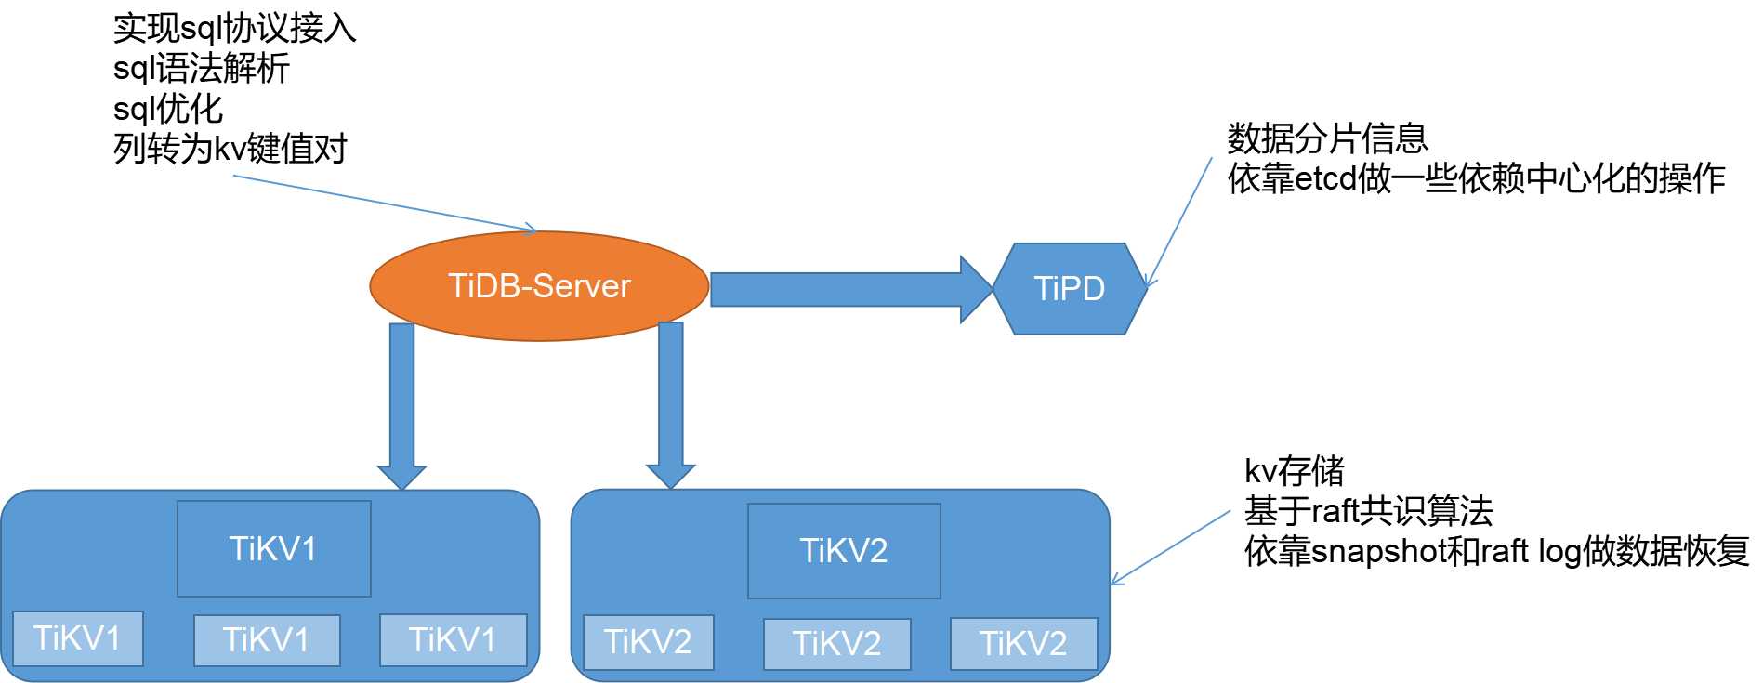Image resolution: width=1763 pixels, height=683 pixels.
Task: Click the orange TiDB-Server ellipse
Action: click(x=539, y=286)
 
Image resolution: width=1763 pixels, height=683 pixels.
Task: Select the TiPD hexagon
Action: click(x=1070, y=288)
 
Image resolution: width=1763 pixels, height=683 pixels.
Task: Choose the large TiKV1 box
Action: click(x=273, y=548)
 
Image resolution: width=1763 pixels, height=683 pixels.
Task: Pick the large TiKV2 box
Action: click(x=844, y=551)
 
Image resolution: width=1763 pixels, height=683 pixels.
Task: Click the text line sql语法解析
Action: click(x=202, y=69)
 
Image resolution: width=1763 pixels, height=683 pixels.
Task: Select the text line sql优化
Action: click(x=168, y=109)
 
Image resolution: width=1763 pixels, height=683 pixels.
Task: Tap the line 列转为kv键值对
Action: click(x=230, y=149)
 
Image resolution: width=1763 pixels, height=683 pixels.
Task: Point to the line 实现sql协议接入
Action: click(x=234, y=28)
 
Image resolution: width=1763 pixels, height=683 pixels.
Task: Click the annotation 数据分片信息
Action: click(x=1327, y=138)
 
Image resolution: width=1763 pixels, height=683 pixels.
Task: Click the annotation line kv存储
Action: click(x=1294, y=471)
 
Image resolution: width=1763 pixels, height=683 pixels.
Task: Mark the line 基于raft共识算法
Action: click(x=1368, y=511)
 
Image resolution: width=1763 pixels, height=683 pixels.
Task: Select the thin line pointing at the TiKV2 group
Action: click(x=1171, y=547)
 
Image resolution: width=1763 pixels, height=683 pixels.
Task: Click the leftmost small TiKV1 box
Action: click(x=77, y=638)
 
